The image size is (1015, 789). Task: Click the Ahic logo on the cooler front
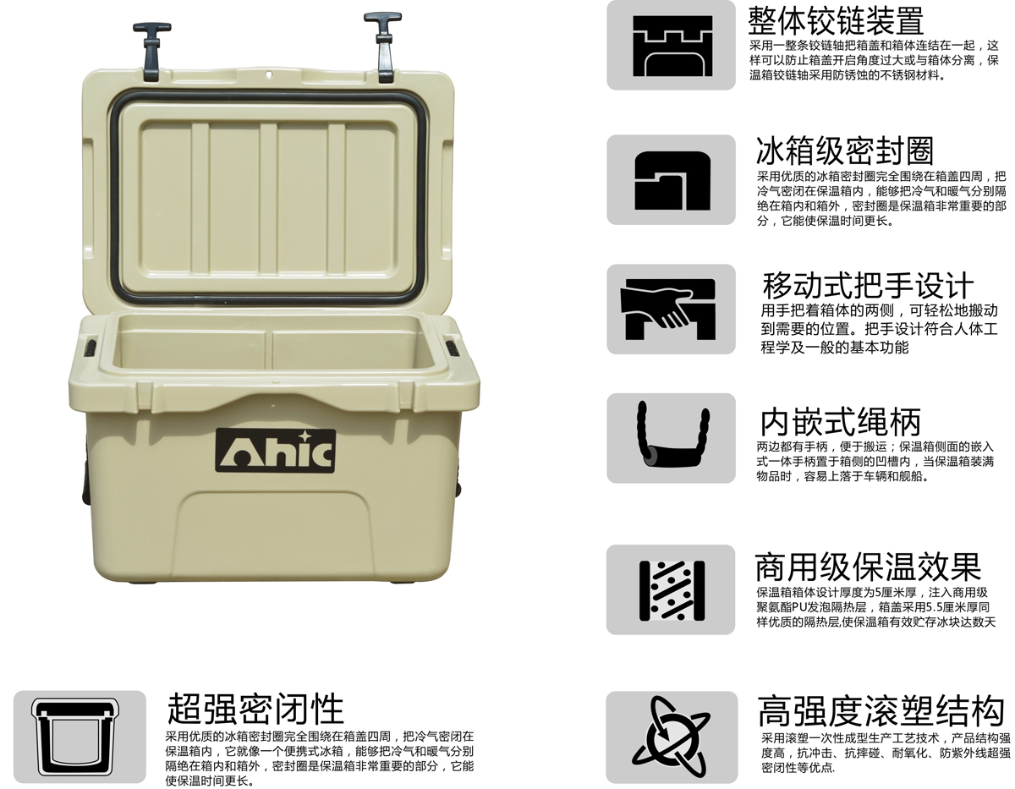(x=275, y=451)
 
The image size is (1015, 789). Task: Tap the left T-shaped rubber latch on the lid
(x=152, y=51)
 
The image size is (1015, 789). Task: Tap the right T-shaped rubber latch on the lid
(x=384, y=47)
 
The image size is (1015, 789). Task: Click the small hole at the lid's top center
(x=269, y=74)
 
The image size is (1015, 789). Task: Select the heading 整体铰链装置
(x=836, y=21)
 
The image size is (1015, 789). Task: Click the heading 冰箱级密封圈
(x=845, y=151)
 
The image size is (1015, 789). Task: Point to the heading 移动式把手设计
(x=868, y=285)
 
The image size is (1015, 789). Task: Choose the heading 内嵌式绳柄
(x=841, y=422)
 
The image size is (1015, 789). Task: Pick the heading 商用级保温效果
(x=868, y=567)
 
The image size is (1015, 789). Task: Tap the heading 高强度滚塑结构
(x=881, y=710)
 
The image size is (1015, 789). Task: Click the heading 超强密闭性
(x=255, y=709)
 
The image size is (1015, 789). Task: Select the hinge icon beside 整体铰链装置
(x=672, y=46)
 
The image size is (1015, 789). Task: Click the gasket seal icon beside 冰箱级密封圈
(x=672, y=180)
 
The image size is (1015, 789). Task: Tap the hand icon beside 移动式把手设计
(x=668, y=309)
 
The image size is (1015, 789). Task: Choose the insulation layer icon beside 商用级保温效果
(x=672, y=590)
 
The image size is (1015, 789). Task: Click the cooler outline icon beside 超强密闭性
(x=75, y=737)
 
